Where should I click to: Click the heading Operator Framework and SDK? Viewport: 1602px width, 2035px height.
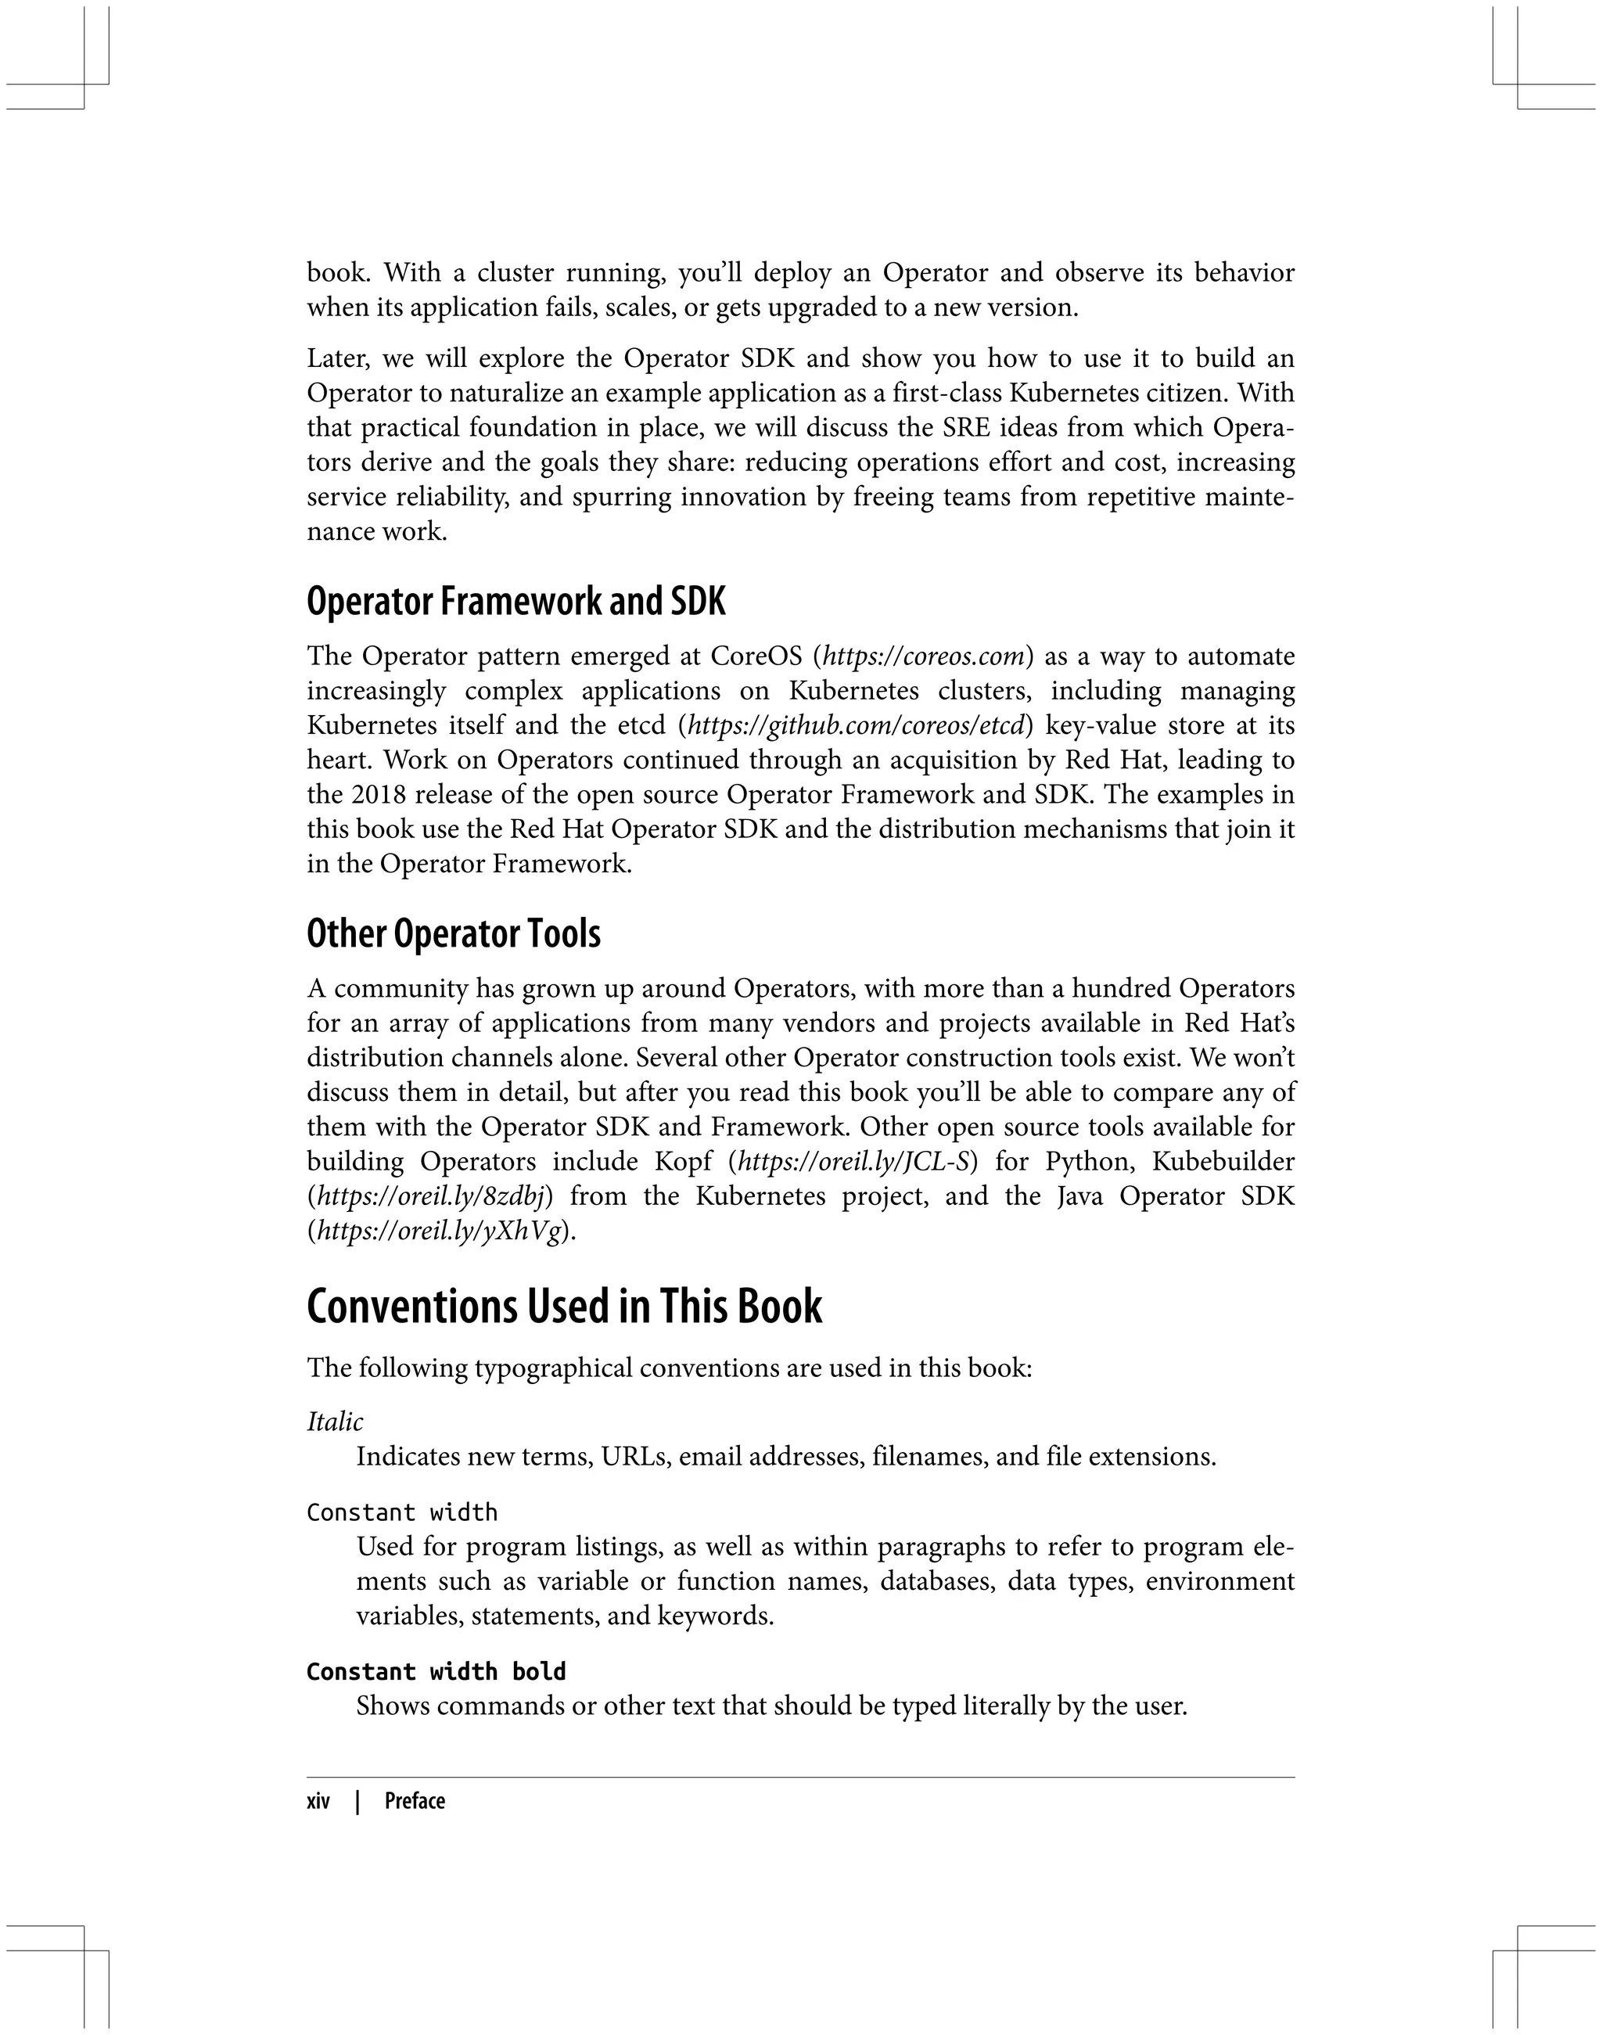coord(515,602)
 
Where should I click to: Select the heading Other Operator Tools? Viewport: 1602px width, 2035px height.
coord(453,934)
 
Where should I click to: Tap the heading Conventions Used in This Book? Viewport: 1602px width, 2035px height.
coord(564,1307)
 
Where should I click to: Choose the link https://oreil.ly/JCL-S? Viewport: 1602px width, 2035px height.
coord(853,1162)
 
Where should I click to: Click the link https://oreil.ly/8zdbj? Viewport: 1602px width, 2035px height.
coord(430,1196)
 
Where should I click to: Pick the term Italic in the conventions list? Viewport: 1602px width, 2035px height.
coord(335,1422)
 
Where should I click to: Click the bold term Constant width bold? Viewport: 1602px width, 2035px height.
coord(436,1672)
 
